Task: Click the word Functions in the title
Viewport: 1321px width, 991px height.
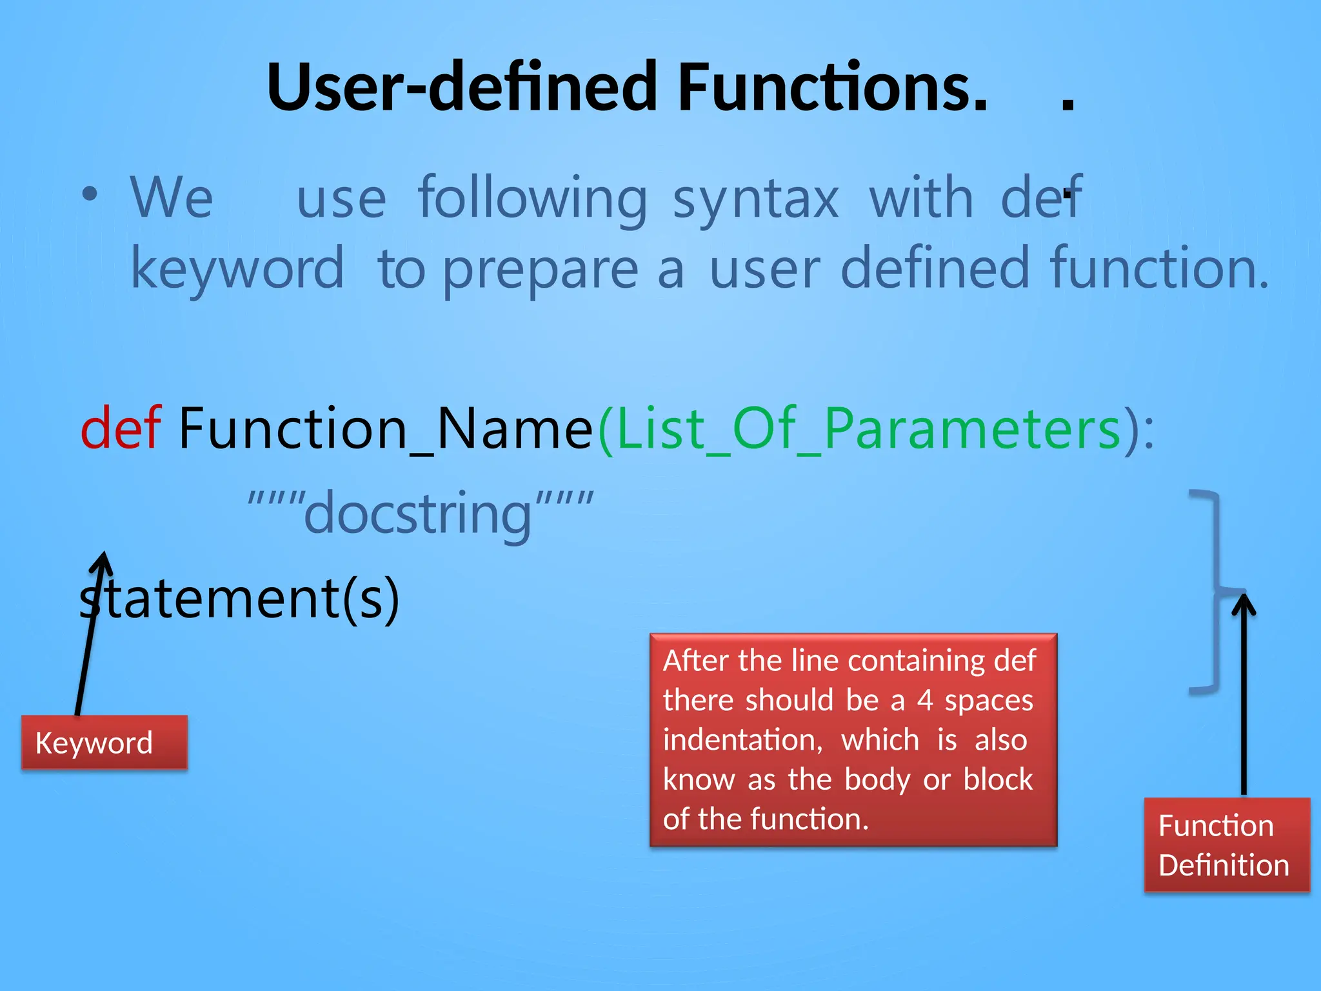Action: (x=832, y=87)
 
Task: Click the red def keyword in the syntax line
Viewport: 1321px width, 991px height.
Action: (x=120, y=429)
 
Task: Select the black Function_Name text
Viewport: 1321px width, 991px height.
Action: (x=385, y=429)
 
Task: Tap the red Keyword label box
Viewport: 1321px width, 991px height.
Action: (x=104, y=743)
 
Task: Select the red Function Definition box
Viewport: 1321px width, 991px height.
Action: (x=1226, y=845)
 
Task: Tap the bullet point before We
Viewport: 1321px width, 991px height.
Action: (x=90, y=194)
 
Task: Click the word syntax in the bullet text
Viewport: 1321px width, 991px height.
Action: (x=755, y=199)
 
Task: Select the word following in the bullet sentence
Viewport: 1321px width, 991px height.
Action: (x=532, y=199)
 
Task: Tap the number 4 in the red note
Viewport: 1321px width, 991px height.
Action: (x=925, y=701)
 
